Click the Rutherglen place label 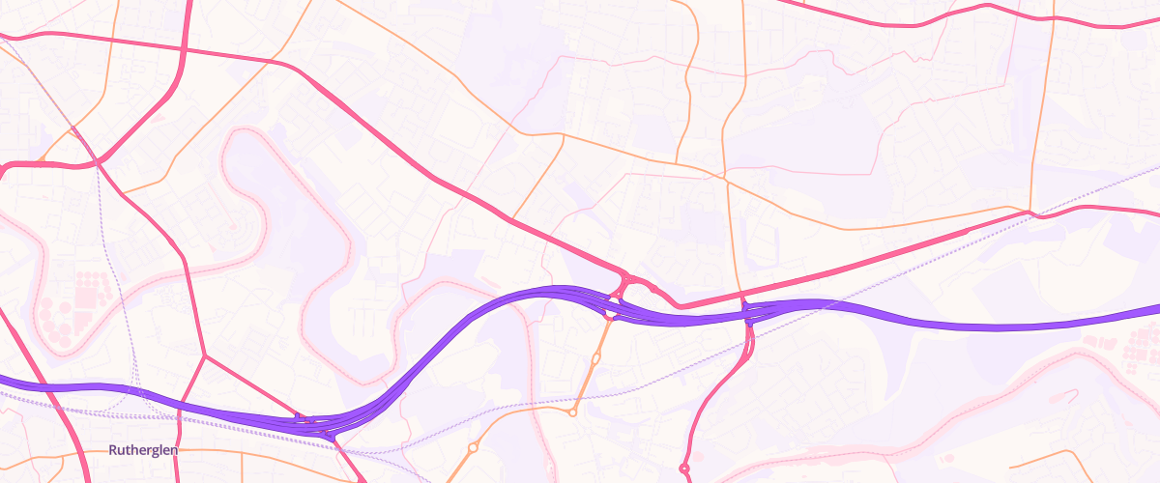(142, 450)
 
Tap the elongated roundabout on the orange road (595, 358)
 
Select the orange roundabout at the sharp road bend (572, 412)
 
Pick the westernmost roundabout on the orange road (473, 447)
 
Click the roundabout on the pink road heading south (684, 469)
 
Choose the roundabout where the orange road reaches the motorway (610, 313)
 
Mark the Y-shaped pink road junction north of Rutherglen (205, 355)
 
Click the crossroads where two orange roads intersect (724, 178)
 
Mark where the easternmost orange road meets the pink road (1030, 212)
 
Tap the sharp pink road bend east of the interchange (682, 307)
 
